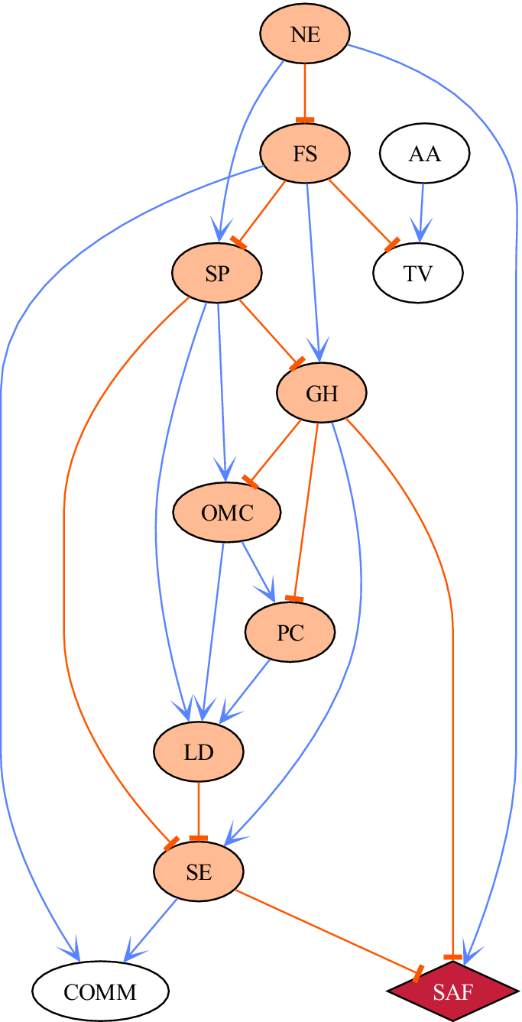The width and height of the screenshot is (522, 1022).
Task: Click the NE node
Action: [305, 34]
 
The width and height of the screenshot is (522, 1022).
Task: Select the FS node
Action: [305, 153]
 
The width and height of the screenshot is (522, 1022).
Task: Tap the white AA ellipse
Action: [424, 153]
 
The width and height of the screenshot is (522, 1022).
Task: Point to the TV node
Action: [418, 273]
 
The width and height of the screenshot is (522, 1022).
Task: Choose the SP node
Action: [217, 273]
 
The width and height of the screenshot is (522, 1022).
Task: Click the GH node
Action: [322, 393]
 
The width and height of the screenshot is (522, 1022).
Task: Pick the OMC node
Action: [227, 512]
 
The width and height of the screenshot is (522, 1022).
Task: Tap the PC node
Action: [290, 632]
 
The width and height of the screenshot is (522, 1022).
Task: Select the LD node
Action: [199, 751]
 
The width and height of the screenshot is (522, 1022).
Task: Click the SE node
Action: [199, 871]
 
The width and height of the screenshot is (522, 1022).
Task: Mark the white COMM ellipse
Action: [100, 991]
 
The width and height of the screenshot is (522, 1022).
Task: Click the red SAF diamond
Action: [453, 991]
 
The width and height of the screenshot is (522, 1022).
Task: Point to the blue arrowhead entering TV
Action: [420, 230]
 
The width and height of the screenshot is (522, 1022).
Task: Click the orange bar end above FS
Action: [305, 119]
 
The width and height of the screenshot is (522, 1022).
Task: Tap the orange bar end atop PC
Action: [294, 598]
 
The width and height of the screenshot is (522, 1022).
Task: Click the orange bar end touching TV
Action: [392, 245]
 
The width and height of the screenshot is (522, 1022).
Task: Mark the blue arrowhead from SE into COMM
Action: [135, 951]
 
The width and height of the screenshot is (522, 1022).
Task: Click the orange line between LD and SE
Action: [199, 806]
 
